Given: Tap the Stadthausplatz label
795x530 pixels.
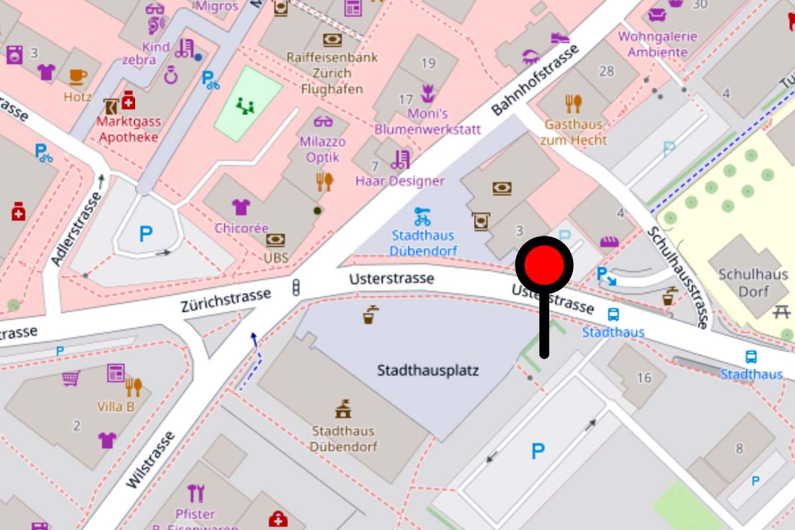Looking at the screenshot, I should point(427,370).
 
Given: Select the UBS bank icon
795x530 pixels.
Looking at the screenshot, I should point(276,240).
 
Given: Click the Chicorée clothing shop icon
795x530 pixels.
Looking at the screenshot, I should point(240,207).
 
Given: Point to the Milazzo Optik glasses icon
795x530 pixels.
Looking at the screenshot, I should point(323,122).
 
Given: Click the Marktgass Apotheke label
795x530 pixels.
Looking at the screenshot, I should point(128,129).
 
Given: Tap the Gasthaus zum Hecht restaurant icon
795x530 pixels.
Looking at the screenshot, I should point(574,103).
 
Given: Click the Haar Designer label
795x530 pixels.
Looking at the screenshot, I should point(400,180).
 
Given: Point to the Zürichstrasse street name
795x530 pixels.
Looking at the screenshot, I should point(226,301).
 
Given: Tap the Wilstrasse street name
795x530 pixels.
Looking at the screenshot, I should point(150,460).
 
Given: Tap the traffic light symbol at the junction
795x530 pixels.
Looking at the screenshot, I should point(296,288).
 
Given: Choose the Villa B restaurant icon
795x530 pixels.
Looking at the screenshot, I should point(134,386).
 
